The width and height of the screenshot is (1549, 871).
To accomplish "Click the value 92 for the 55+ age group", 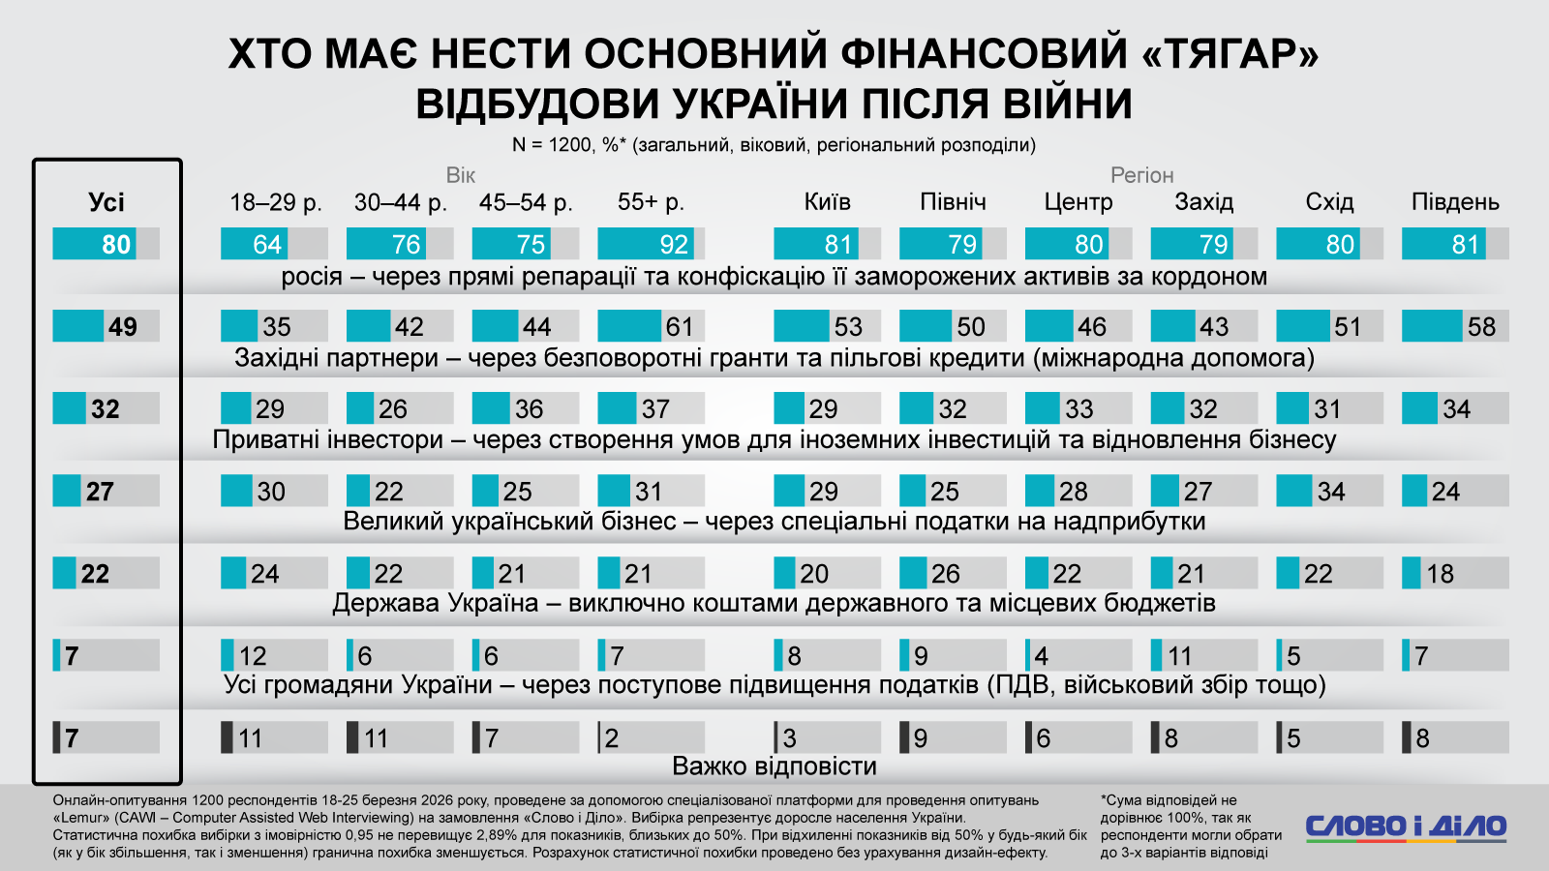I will pos(673,245).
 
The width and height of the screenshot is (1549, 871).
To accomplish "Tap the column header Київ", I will pos(827,202).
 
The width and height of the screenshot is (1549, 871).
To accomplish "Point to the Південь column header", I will pos(1455,202).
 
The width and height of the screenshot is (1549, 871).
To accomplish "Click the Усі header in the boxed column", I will pos(106,202).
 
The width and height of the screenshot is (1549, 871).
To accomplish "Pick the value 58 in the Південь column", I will pos(1481,327).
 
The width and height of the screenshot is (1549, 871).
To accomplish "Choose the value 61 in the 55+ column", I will pos(679,327).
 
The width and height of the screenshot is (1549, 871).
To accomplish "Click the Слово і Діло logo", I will pos(1406,826).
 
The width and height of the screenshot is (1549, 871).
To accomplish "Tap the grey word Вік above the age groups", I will pos(461,175).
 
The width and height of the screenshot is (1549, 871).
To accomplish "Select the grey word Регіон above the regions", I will pos(1141,175).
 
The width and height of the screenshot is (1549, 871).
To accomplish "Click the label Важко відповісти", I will pos(774,766).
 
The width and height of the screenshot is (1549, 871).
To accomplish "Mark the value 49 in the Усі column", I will pos(122,327).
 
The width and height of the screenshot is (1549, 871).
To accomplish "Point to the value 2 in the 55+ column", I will pos(612,738).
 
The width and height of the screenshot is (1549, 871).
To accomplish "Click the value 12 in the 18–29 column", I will pos(253,656).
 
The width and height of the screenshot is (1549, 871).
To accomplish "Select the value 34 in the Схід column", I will pos(1331,492).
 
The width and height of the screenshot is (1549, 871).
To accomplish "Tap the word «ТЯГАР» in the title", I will pos(1230,54).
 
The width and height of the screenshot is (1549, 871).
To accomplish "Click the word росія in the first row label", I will pos(311,277).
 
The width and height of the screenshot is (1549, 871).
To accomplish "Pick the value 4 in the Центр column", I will pos(1042,656).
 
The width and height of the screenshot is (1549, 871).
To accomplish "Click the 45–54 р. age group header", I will pos(526,202).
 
